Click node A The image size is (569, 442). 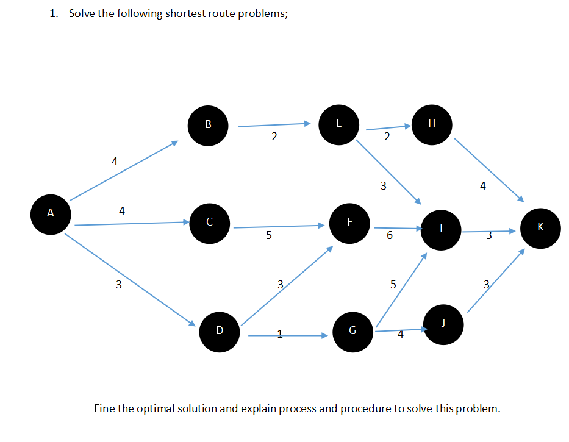51,214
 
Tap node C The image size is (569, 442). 210,223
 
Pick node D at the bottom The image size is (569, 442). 220,331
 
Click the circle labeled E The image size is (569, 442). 338,124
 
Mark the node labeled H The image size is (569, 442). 432,124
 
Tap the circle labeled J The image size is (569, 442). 443,324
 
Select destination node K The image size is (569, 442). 540,227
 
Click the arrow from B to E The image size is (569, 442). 274,125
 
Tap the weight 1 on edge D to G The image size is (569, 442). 280,333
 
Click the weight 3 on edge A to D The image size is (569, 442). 119,284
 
